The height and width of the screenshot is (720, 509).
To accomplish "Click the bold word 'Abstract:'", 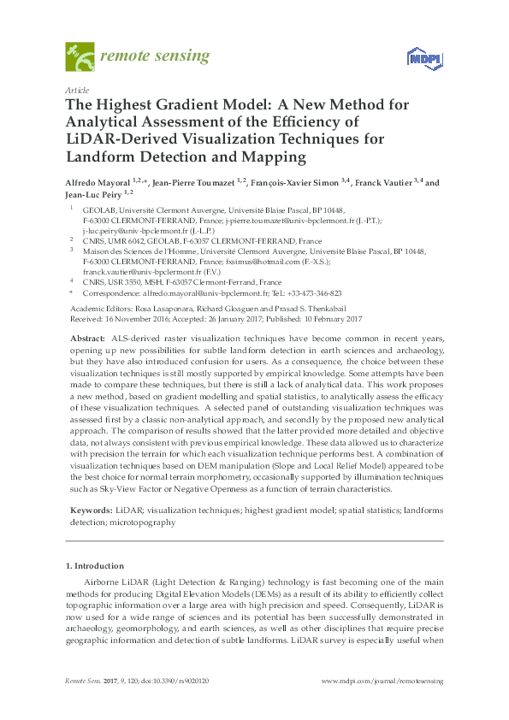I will tap(89, 339).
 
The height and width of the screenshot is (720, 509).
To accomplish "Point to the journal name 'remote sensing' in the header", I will tap(155, 56).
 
